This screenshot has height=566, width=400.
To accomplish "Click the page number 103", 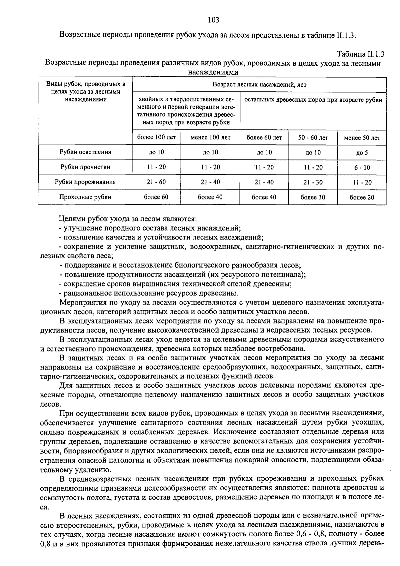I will pos(213,20).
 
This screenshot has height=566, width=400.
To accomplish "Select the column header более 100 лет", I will pos(156,137).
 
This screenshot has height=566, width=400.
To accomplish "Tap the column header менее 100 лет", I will pos(210,137).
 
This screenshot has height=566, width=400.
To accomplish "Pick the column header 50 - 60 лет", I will pos(313,137).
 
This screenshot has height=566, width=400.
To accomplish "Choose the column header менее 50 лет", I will pos(362,138).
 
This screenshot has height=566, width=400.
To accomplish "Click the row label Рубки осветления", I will pos(85,152).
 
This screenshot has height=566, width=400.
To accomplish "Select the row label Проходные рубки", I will pos(85,197).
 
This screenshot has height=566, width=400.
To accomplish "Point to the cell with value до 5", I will pos(362,153).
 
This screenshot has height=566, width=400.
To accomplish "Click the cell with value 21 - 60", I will pos(156,182).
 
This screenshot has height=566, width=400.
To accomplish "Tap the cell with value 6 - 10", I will pos(362,167).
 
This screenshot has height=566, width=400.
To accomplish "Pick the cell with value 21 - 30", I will pos(313,182).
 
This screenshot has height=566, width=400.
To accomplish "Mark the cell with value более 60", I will pos(156,197).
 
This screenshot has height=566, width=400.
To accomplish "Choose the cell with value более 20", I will pos(362,197).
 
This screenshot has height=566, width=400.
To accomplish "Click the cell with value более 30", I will pos(313,197).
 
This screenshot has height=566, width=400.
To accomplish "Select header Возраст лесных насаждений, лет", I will pos(259,85).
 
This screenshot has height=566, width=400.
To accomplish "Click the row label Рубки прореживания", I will pos(85,182).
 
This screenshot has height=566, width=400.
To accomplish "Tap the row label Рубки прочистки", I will pos(85,167).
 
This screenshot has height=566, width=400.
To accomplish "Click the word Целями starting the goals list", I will pos(72,219).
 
